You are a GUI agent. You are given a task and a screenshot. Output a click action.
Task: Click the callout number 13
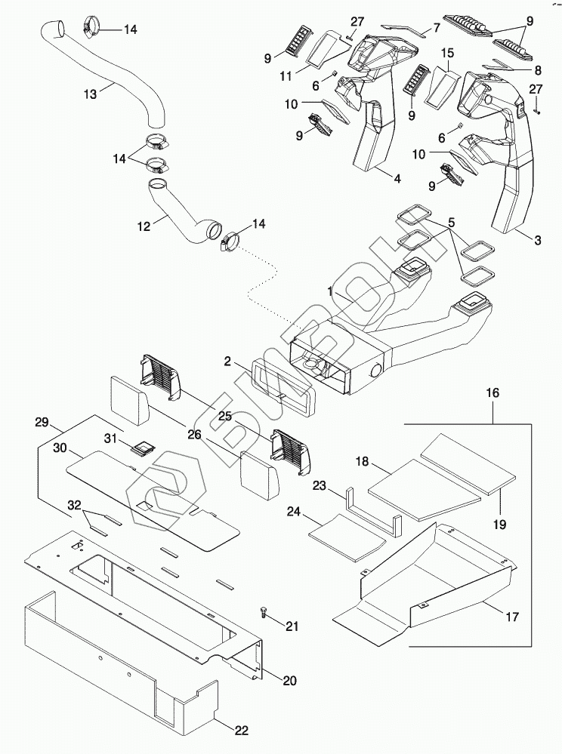[x=90, y=94]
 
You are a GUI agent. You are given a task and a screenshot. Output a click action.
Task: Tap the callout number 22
[x=241, y=730]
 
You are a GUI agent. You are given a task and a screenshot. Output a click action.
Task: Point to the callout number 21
[x=292, y=626]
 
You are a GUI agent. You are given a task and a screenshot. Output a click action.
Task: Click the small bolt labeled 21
[x=264, y=609]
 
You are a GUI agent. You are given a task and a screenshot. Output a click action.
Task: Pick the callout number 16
[x=493, y=395]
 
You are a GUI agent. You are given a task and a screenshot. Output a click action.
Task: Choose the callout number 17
[x=511, y=617]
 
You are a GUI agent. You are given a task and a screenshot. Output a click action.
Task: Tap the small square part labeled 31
[x=140, y=447]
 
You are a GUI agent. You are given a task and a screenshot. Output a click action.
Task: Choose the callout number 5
[x=451, y=224]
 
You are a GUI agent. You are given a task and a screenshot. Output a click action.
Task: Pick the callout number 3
[x=537, y=241]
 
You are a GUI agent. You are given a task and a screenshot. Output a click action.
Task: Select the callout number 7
[x=435, y=29]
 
